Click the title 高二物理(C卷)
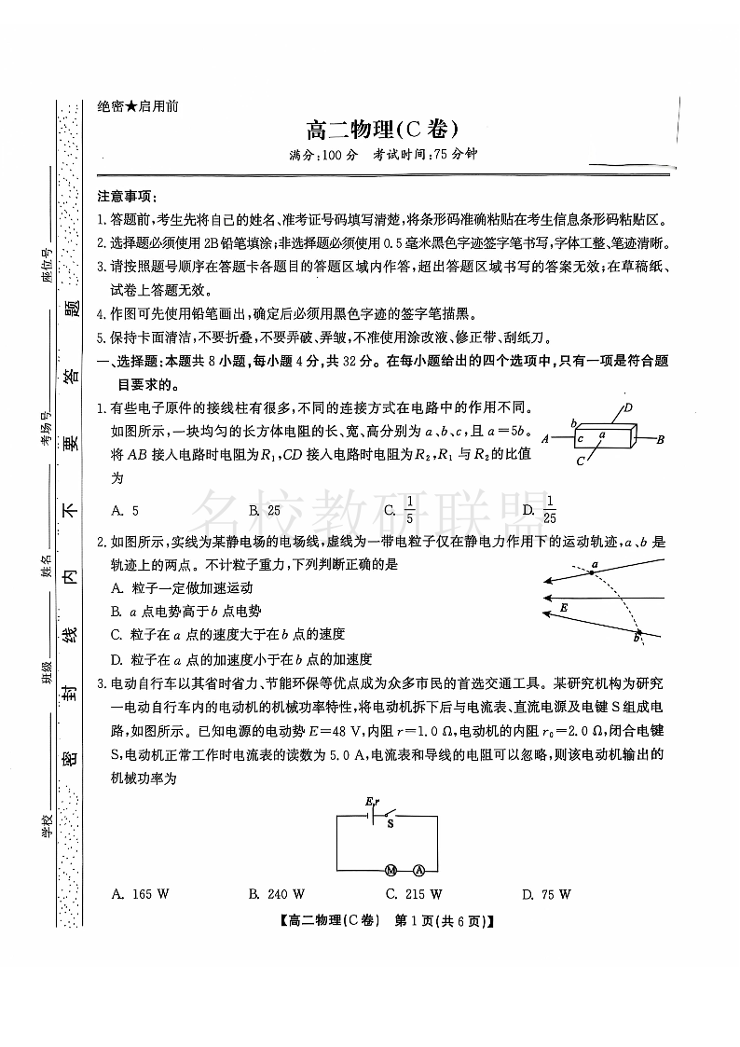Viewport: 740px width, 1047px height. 382,131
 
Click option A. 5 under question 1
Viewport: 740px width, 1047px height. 125,510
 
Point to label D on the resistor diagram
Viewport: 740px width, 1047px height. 628,407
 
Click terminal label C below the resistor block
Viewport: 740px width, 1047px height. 579,461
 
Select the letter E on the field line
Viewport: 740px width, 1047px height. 564,607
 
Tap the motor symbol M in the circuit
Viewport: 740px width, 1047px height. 391,870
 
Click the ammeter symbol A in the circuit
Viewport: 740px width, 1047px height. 418,870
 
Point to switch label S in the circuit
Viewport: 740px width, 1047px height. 390,823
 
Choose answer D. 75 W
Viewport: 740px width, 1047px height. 547,894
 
